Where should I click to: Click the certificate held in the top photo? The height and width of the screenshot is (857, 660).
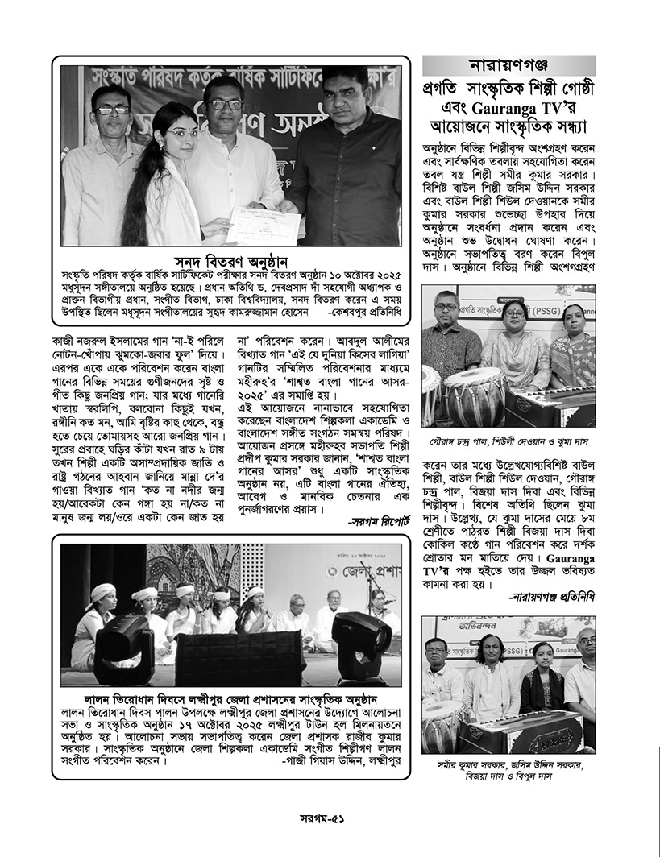(264, 224)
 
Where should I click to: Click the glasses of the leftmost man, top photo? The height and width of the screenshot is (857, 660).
(111, 110)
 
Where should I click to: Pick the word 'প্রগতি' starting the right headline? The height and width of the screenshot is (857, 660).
(446, 87)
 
